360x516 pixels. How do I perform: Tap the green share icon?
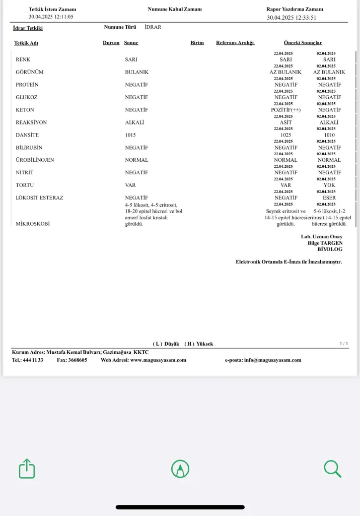tap(27, 469)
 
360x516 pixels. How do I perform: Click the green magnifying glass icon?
tap(332, 469)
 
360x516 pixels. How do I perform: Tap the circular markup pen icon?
tap(180, 469)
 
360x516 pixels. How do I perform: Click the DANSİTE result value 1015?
tap(130, 135)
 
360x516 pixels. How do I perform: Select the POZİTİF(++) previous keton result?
tap(285, 110)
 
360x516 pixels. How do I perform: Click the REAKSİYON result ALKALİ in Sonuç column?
tap(135, 122)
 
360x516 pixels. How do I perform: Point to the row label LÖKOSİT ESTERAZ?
tap(40, 198)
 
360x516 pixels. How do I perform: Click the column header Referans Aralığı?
tap(235, 43)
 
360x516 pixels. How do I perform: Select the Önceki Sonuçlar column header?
tap(303, 43)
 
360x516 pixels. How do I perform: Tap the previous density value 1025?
tap(285, 135)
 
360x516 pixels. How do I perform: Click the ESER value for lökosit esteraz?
tap(329, 198)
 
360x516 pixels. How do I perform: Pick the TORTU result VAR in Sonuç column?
tap(130, 185)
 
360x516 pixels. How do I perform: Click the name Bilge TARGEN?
tap(325, 243)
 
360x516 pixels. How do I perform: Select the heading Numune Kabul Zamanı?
tap(175, 9)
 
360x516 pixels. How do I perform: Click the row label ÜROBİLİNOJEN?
tap(35, 160)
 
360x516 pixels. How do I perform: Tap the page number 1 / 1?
tap(344, 344)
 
